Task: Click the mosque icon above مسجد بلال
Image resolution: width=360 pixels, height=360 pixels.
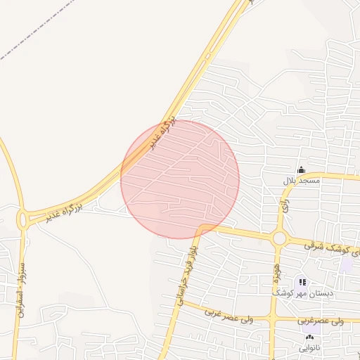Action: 301,169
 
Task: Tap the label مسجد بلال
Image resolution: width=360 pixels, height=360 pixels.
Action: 301,181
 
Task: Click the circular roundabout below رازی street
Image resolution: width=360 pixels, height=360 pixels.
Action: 279,238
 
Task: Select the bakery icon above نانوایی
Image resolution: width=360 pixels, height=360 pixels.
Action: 309,338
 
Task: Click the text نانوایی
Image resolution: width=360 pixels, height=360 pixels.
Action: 309,348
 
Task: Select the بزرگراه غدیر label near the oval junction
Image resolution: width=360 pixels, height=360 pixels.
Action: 65,207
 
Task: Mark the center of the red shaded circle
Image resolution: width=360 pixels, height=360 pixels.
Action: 180,179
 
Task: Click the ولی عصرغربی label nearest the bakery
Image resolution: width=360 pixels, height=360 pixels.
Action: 321,321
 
